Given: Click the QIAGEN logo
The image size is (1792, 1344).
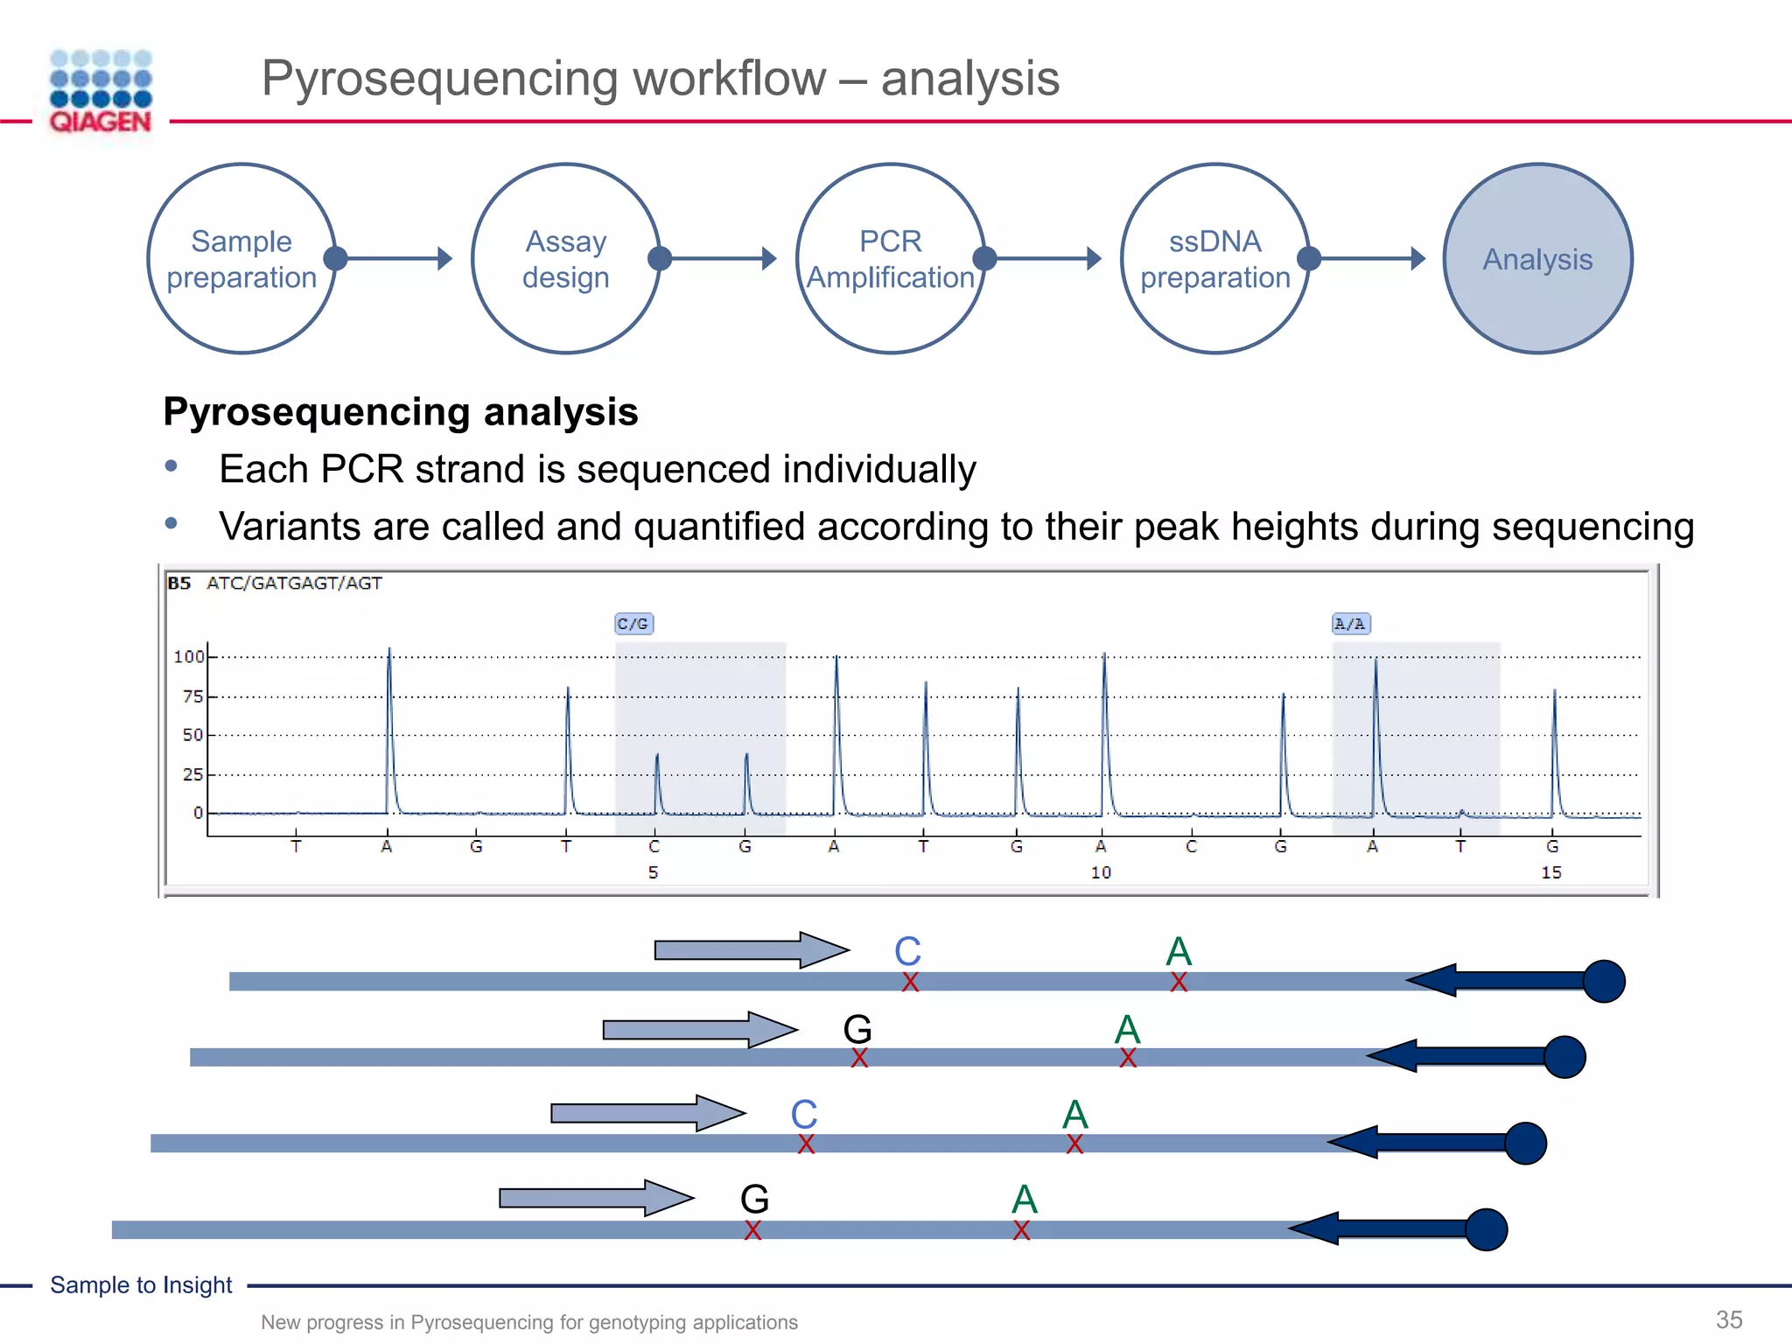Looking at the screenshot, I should (101, 92).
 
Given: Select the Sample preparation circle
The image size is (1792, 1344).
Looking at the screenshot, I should (241, 259).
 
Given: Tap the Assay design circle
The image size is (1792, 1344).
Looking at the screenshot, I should (566, 259).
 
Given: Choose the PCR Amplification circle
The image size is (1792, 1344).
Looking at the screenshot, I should (891, 259).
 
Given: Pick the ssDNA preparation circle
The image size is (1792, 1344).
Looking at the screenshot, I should (1215, 259).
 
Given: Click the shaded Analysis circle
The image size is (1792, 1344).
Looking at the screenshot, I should (1538, 259).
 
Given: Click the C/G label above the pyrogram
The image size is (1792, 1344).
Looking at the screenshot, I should (633, 624).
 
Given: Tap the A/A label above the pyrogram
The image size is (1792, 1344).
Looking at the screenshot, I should (1350, 624).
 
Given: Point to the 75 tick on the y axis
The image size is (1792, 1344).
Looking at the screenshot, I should (192, 696).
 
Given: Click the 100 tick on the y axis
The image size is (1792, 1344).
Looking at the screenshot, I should (188, 656).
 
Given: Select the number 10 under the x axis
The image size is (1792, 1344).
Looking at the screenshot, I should (1101, 872).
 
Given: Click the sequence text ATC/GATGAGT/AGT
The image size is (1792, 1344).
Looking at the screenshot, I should (294, 584).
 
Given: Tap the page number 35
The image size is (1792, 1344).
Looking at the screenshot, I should (1729, 1319).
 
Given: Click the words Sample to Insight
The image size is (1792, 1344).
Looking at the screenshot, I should (141, 1284).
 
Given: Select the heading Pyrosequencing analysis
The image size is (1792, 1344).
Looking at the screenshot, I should (401, 412).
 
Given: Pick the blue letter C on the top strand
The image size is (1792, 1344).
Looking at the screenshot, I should (907, 951).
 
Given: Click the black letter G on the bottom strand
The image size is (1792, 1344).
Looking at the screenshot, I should (754, 1199).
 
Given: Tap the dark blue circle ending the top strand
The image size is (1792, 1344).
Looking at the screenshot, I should (1604, 981).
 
